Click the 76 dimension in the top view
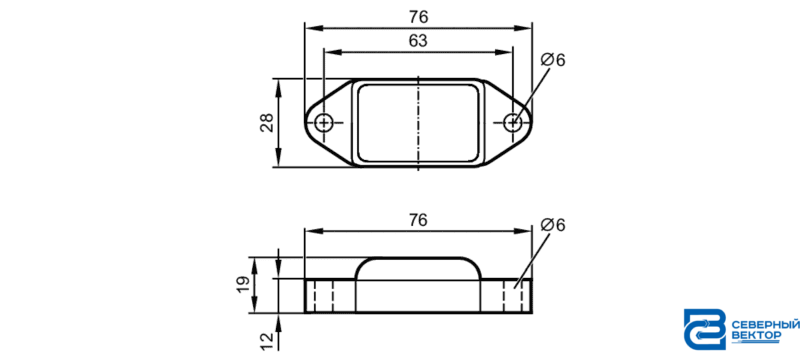point(418,17)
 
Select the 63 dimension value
point(418,41)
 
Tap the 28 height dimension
point(267,123)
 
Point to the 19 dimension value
point(243,284)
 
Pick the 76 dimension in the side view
point(418,220)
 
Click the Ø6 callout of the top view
point(553,60)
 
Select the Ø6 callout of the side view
point(553,225)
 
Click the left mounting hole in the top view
point(323,122)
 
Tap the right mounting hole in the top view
point(512,122)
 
